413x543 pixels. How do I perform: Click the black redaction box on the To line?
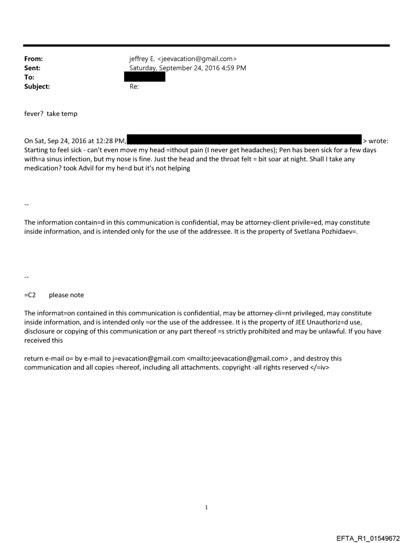click(145, 77)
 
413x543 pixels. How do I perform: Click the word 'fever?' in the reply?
click(34, 114)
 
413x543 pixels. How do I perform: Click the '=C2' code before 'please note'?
click(30, 295)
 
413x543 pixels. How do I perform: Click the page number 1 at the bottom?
click(206, 507)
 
